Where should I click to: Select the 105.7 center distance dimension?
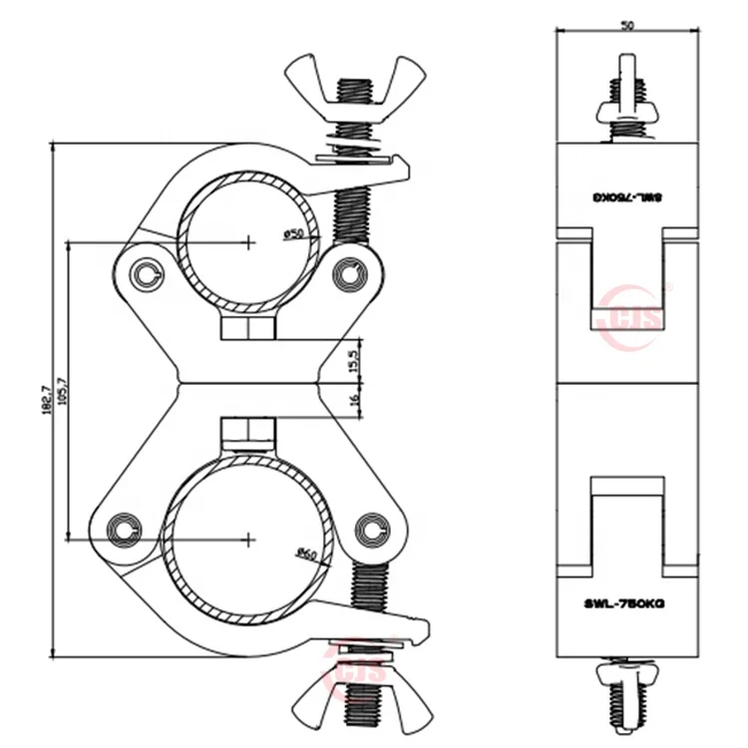coord(63,389)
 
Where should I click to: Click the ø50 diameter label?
coord(294,233)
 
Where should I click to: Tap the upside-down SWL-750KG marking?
coord(626,198)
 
